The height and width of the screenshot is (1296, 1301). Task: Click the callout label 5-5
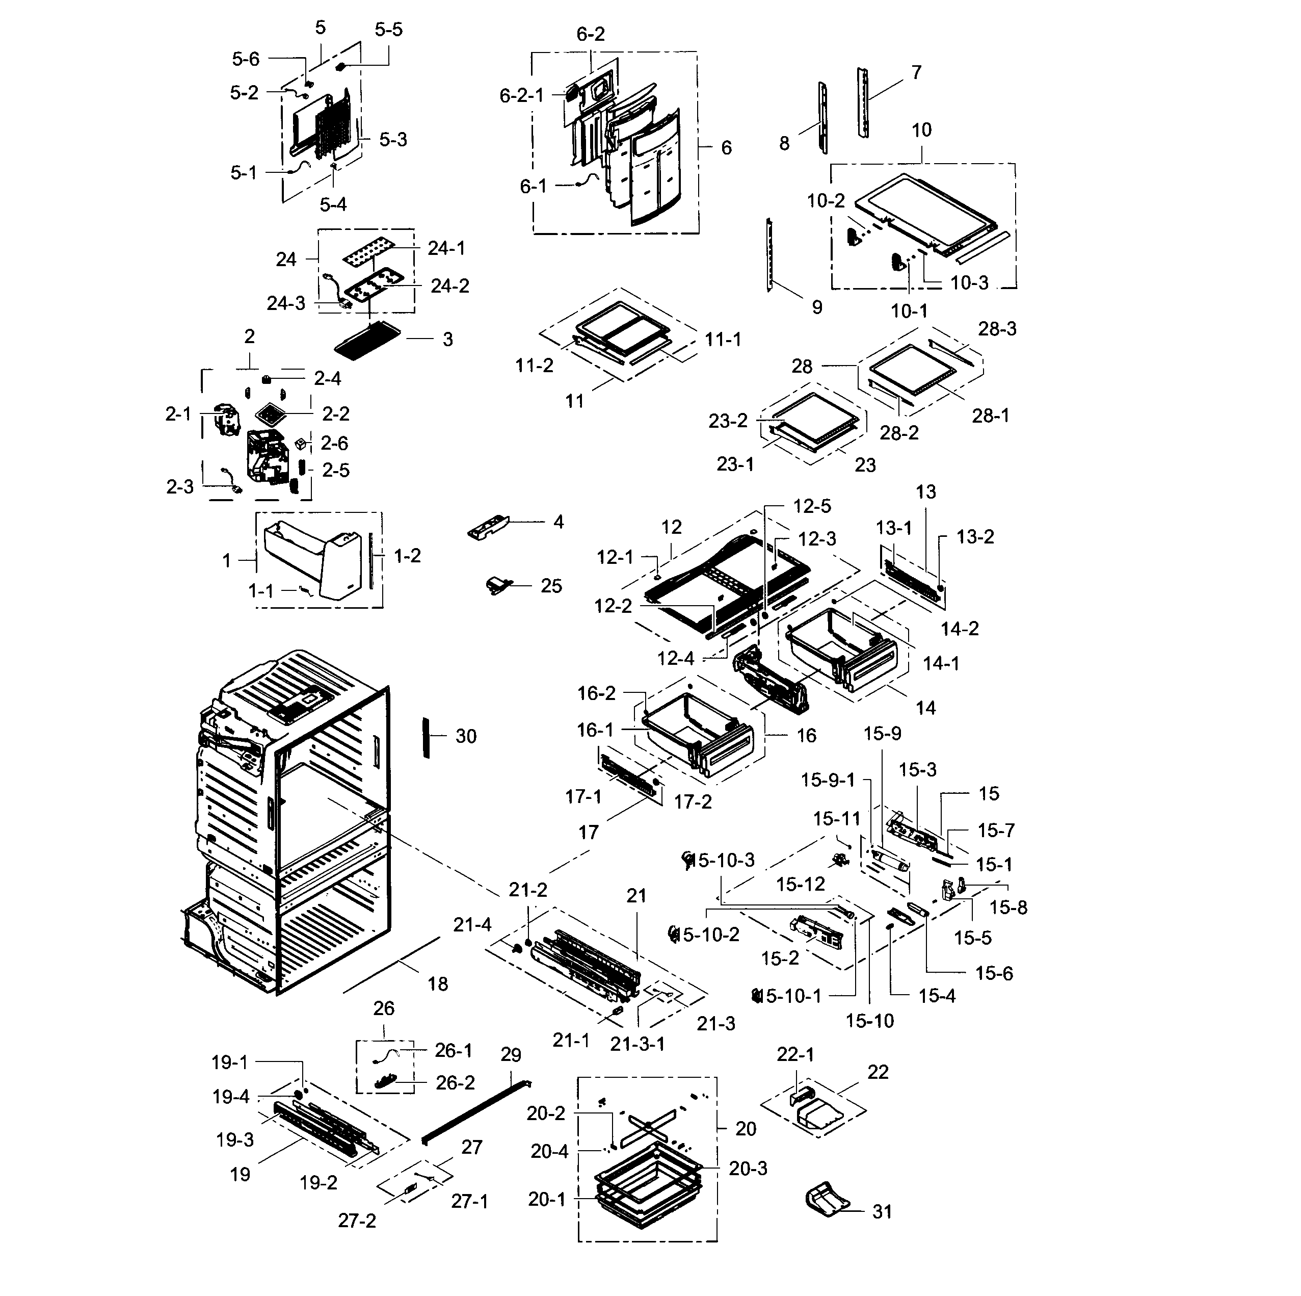click(x=388, y=30)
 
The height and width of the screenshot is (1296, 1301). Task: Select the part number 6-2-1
click(x=521, y=96)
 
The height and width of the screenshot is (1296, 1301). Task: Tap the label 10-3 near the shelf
click(x=969, y=283)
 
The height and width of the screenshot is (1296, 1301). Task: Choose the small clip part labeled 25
click(x=499, y=585)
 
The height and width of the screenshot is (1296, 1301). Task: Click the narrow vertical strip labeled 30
click(x=426, y=737)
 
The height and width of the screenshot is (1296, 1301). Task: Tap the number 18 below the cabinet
click(x=438, y=984)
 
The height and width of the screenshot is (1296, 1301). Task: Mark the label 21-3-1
click(x=637, y=1044)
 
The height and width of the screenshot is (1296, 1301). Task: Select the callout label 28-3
click(x=997, y=329)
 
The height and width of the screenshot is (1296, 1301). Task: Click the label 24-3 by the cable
click(x=285, y=304)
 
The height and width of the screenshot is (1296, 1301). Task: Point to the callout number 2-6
click(x=334, y=443)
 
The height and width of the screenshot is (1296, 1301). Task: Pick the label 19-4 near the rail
click(x=231, y=1097)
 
